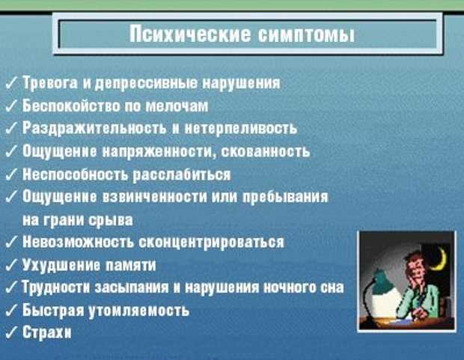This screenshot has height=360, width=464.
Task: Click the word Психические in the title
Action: click(x=190, y=34)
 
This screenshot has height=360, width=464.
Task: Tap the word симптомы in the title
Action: click(x=306, y=34)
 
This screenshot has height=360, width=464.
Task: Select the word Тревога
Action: click(x=50, y=83)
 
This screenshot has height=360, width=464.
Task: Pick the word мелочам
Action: click(x=177, y=106)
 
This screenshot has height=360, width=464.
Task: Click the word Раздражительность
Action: click(x=94, y=129)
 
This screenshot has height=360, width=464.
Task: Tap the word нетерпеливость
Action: click(x=241, y=129)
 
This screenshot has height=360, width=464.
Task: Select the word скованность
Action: click(x=266, y=151)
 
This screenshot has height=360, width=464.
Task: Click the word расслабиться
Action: click(x=181, y=174)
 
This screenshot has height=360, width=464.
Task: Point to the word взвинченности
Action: click(x=154, y=197)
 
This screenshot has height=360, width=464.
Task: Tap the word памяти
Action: click(x=130, y=265)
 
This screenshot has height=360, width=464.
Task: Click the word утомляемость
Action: click(x=139, y=311)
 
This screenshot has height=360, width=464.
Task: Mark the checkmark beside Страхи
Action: click(x=11, y=332)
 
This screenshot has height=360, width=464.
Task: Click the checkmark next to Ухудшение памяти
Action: click(x=11, y=265)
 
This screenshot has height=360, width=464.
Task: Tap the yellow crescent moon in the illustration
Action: click(x=439, y=260)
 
